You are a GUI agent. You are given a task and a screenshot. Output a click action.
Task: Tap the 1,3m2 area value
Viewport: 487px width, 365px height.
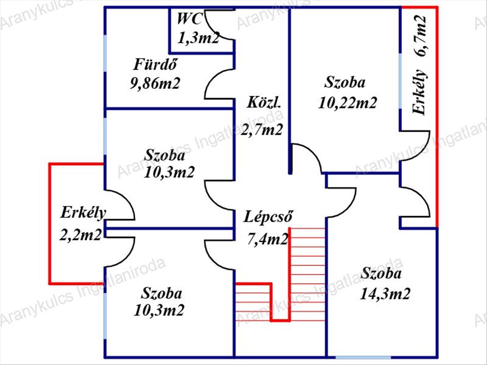point(199,38)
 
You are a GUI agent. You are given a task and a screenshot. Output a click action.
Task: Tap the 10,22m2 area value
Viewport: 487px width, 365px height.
point(348,102)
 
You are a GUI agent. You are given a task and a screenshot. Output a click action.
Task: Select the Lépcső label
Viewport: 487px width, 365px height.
point(268,217)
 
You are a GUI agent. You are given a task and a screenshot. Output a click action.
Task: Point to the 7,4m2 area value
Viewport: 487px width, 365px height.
point(268,239)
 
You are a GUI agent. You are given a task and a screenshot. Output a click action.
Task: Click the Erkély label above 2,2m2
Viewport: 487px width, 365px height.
point(84,212)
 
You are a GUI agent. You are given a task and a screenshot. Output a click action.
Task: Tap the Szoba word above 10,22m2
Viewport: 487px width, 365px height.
point(345,83)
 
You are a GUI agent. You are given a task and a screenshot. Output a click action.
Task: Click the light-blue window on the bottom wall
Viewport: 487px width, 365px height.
point(363,357)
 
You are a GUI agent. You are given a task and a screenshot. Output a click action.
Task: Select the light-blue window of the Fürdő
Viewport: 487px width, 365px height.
point(106,54)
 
